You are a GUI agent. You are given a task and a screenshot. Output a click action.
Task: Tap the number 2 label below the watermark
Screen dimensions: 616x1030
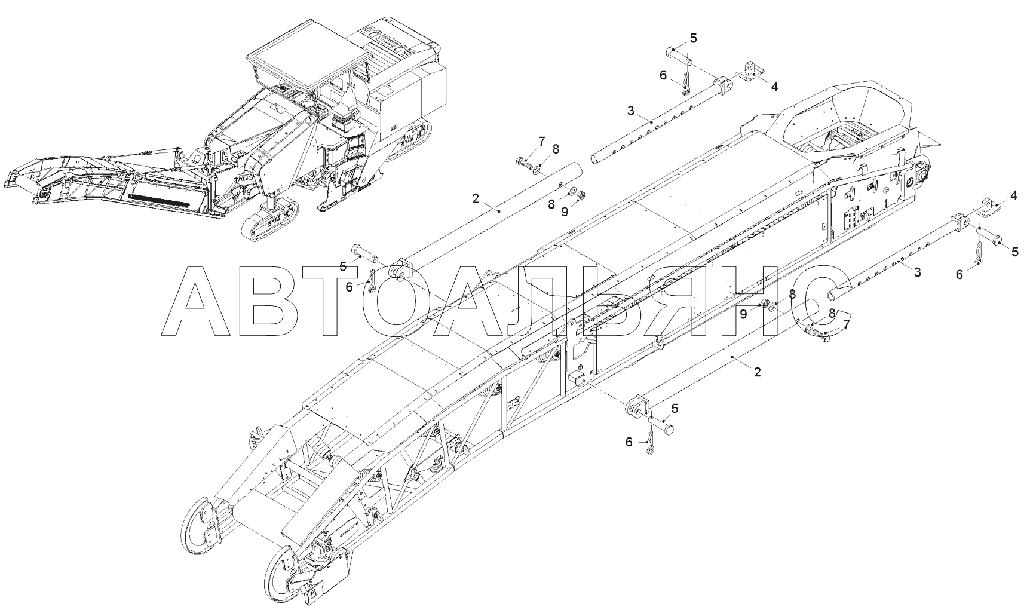[758, 372]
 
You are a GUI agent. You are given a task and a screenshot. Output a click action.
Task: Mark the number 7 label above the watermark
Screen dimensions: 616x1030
[541, 142]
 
